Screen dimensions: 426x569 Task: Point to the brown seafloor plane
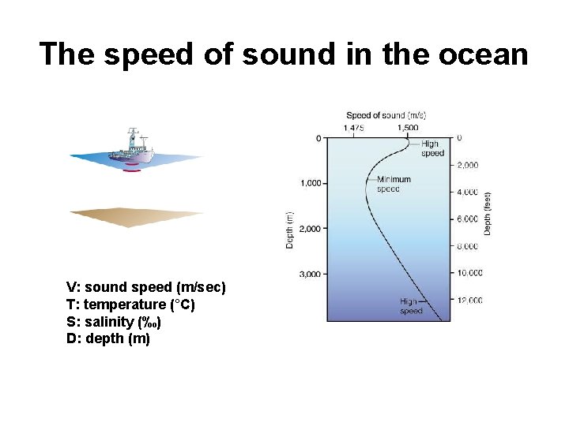pyautogui.click(x=136, y=216)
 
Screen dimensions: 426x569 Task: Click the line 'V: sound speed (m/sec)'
pyautogui.click(x=146, y=287)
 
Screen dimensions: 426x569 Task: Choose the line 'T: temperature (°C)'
pyautogui.click(x=130, y=305)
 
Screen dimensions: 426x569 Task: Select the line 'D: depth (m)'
pyautogui.click(x=108, y=339)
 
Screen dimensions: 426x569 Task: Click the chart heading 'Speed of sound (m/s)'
pyautogui.click(x=387, y=115)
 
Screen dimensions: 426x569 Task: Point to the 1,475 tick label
pyautogui.click(x=353, y=127)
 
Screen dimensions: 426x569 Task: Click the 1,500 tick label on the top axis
pyautogui.click(x=408, y=127)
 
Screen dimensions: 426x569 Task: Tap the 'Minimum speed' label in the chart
pyautogui.click(x=394, y=184)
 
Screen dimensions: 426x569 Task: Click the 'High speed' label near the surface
pyautogui.click(x=432, y=148)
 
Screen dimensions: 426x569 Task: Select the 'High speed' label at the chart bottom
pyautogui.click(x=411, y=306)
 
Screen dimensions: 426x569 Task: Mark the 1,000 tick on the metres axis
pyautogui.click(x=311, y=183)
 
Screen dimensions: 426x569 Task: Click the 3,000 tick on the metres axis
pyautogui.click(x=311, y=274)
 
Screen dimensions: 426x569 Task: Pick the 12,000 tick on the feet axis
pyautogui.click(x=469, y=300)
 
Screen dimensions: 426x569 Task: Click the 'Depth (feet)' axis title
pyautogui.click(x=488, y=213)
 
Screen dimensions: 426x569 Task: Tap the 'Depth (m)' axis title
pyautogui.click(x=289, y=230)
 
